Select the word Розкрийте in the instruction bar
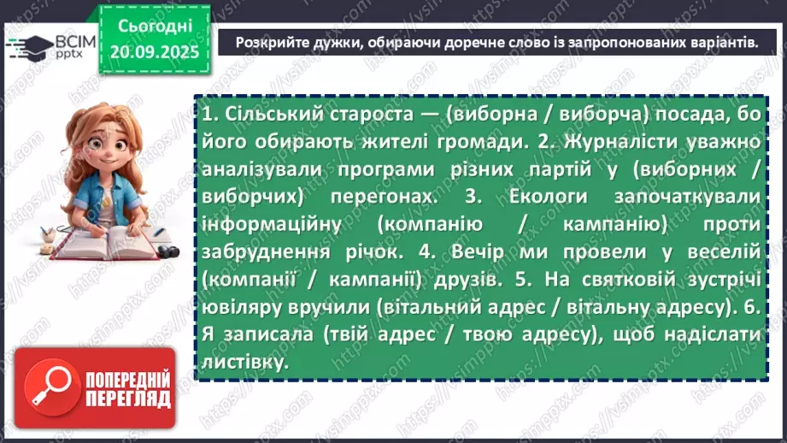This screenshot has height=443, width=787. coord(268,40)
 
